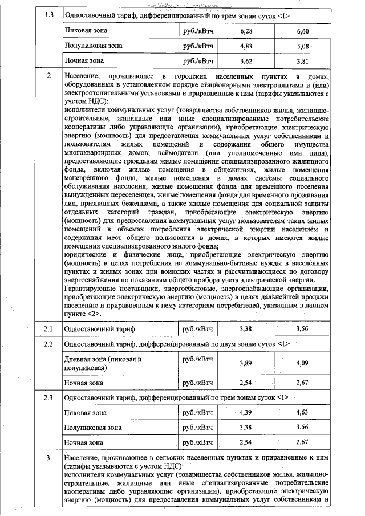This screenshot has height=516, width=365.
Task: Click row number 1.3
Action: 48,14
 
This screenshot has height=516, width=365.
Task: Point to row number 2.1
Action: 48,329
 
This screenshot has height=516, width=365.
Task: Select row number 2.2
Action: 48,344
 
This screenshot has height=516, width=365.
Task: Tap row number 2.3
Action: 48,396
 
